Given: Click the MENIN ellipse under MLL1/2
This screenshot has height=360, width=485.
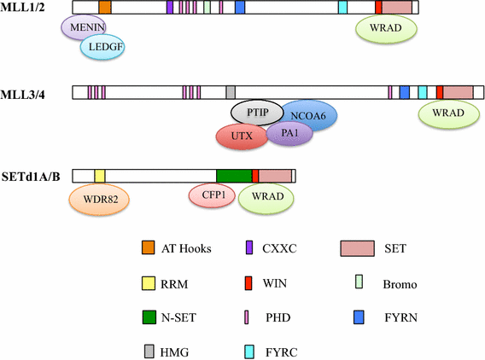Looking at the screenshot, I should (83, 30).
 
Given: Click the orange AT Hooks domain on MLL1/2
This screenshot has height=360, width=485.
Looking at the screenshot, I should (104, 8).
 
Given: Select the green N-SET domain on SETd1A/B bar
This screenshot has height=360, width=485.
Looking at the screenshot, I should (234, 176).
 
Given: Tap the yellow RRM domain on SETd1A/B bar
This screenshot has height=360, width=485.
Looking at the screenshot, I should (99, 176).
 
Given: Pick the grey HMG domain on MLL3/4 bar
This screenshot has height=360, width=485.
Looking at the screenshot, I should (231, 92).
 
